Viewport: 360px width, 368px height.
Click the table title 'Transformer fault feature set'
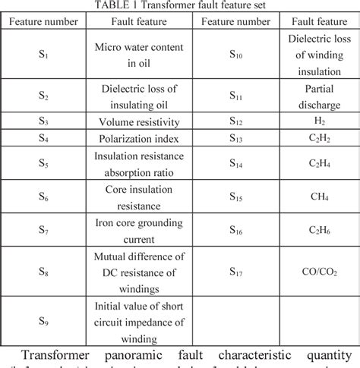pos(180,5)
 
